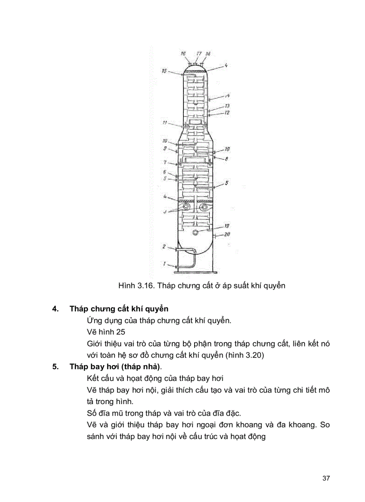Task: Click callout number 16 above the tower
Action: pyautogui.click(x=183, y=54)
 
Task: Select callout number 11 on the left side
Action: pyautogui.click(x=165, y=122)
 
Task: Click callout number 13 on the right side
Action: pyautogui.click(x=227, y=106)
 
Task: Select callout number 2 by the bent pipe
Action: pyautogui.click(x=164, y=246)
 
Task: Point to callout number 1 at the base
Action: pyautogui.click(x=164, y=264)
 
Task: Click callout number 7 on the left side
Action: pyautogui.click(x=165, y=162)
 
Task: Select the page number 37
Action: pyautogui.click(x=326, y=478)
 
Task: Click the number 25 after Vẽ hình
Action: pyautogui.click(x=120, y=332)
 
